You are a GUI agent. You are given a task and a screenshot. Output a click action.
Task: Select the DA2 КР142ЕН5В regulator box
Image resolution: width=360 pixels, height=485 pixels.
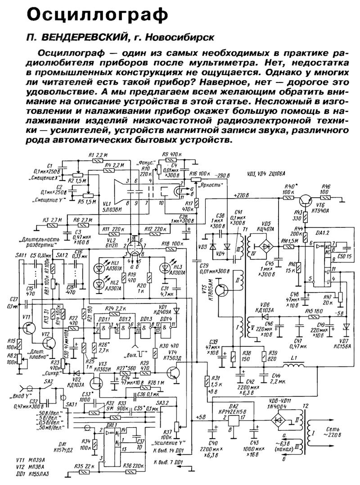[x=235, y=420]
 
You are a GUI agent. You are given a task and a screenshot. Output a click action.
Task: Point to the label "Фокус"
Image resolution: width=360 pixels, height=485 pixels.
[x=148, y=162]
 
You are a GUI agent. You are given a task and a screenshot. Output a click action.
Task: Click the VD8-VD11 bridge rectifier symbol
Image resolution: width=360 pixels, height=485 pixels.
[x=281, y=420]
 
